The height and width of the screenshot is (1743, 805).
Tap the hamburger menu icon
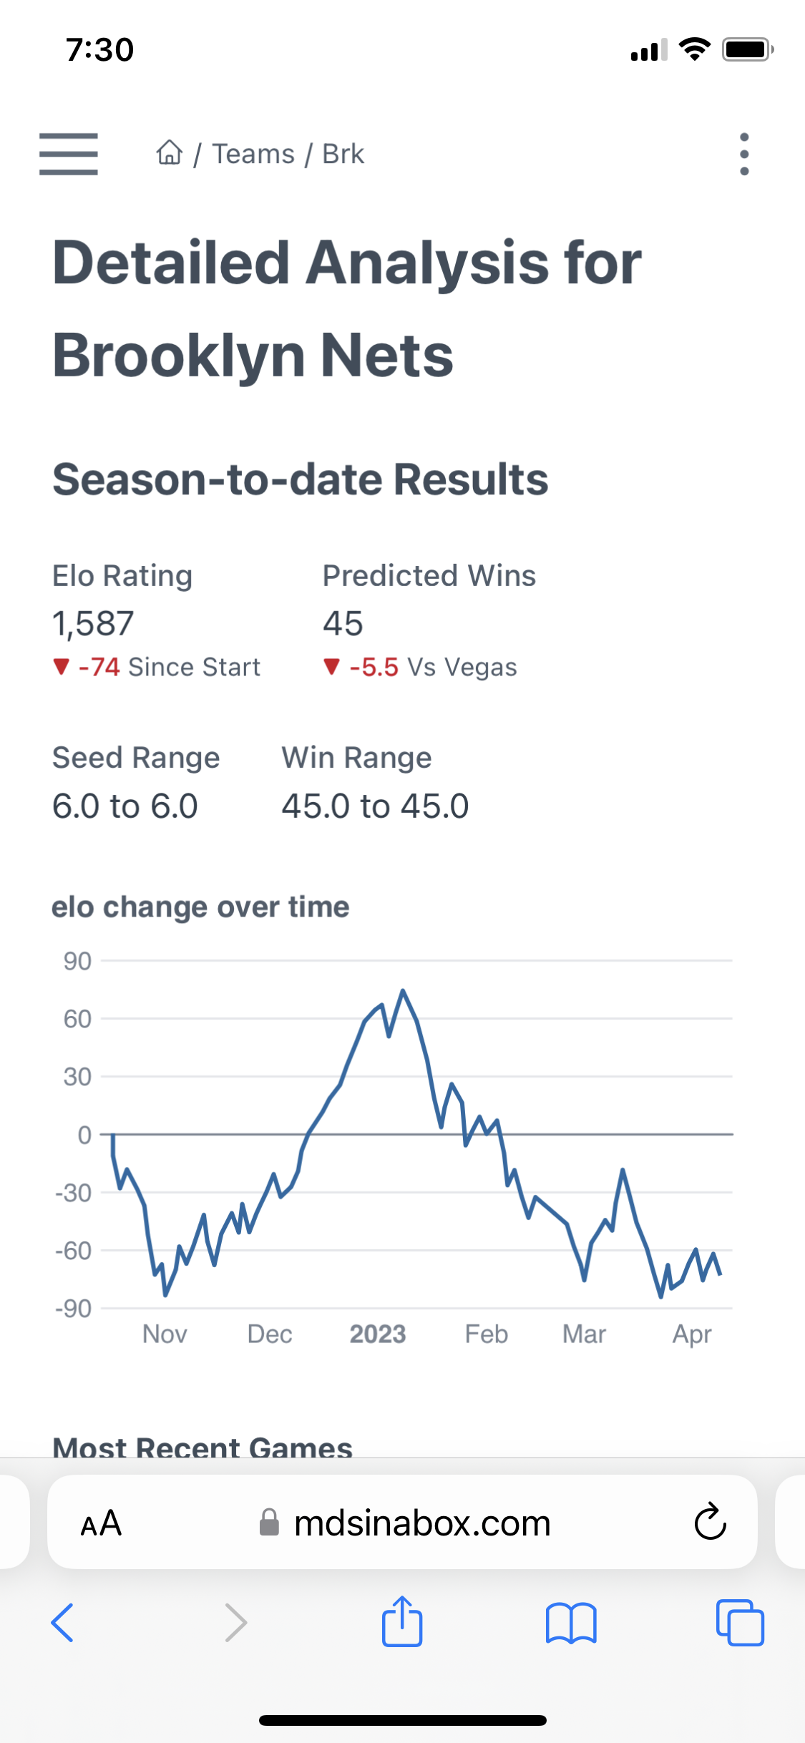68,154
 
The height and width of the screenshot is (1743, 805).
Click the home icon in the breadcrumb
170,153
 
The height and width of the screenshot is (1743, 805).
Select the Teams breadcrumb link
253,154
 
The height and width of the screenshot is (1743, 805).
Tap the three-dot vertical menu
744,154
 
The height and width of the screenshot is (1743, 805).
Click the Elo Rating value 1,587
93,623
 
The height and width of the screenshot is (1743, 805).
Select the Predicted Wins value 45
343,623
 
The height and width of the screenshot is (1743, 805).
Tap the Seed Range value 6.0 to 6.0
125,806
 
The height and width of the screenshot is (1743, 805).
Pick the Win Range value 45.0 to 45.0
375,806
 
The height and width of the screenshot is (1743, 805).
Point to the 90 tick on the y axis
77,961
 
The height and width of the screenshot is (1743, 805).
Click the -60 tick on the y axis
74,1251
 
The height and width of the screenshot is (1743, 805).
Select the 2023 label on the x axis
378,1334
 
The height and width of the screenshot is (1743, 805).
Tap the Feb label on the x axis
487,1334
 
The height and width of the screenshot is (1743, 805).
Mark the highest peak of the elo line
403,991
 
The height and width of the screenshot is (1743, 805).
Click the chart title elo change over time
200,907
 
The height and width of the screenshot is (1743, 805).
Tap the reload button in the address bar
710,1522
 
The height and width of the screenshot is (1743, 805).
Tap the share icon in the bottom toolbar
402,1621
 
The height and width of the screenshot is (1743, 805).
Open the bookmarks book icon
570,1622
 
